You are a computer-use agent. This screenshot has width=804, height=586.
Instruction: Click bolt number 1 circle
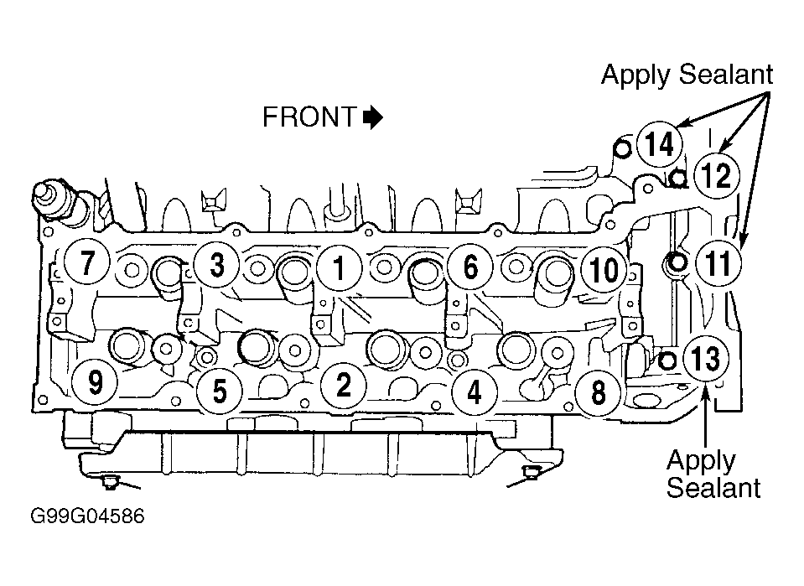pos(339,268)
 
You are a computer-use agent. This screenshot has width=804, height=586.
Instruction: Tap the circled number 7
pos(87,262)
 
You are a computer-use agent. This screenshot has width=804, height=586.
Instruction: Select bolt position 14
pos(660,144)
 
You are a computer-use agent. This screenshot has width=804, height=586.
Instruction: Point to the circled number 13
pos(706,358)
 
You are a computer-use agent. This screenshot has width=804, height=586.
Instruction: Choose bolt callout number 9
pos(95,382)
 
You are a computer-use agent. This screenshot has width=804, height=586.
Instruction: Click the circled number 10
pos(604,270)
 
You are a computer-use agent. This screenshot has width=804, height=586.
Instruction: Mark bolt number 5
pos(220,392)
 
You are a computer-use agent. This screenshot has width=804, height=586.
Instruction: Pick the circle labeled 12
pos(716,176)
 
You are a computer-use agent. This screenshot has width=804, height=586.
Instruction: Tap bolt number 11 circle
pos(718,263)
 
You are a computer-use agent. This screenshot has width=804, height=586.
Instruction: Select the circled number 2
pos(343,385)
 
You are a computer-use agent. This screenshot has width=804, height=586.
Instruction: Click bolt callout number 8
pos(598,392)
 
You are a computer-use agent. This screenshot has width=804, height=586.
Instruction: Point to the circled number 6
pos(470,267)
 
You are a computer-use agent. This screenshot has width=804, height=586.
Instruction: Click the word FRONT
pos(309,117)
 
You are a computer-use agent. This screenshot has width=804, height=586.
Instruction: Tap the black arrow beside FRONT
pos(373,117)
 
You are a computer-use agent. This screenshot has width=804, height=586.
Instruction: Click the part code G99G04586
pos(88,516)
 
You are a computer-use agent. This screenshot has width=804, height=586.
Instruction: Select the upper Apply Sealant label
pos(687,75)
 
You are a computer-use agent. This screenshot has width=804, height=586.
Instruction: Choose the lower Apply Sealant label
pos(713,475)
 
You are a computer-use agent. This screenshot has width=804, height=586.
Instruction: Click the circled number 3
pos(217,265)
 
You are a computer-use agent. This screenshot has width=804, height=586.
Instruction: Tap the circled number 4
pos(475,392)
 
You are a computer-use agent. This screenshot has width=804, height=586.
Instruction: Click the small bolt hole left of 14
pos(622,150)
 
